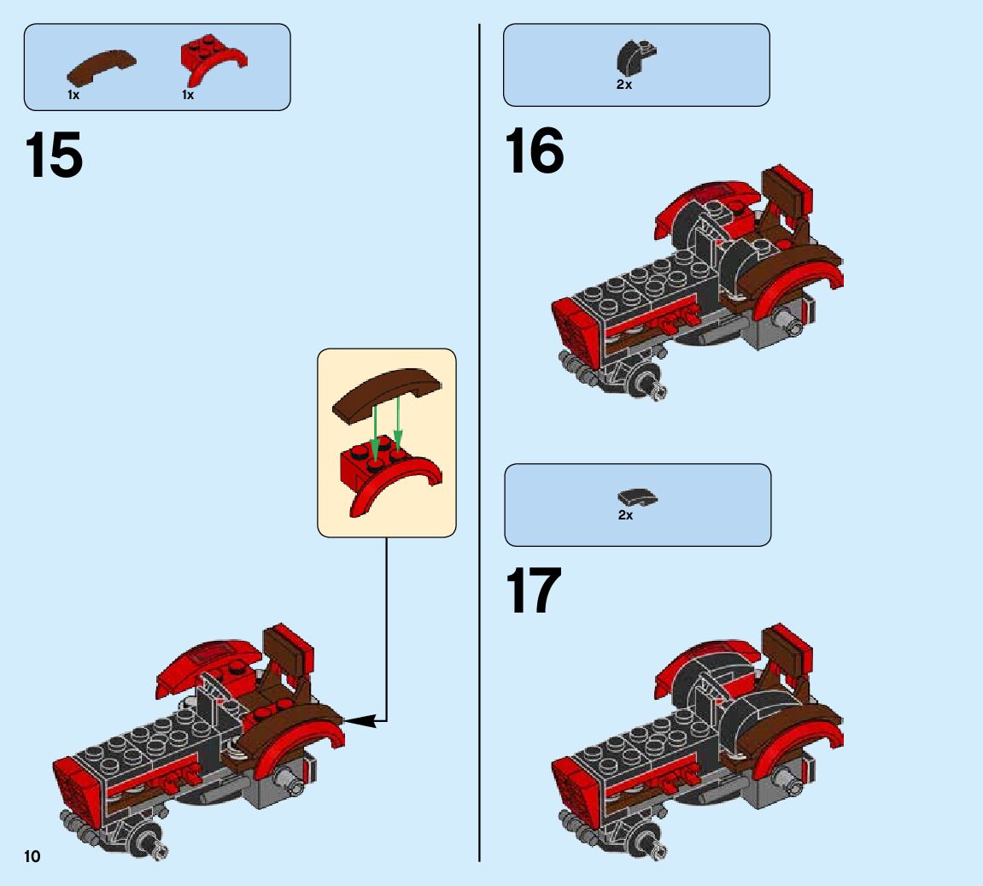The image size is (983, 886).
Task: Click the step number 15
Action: pyautogui.click(x=53, y=155)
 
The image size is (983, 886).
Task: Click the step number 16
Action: pyautogui.click(x=534, y=150)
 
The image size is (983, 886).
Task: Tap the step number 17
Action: pyautogui.click(x=533, y=590)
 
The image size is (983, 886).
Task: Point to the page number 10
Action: pyautogui.click(x=32, y=857)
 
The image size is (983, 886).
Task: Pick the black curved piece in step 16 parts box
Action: pyautogui.click(x=635, y=57)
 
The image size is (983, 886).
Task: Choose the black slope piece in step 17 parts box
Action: pyautogui.click(x=637, y=497)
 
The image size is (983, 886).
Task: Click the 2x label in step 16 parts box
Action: pyautogui.click(x=624, y=85)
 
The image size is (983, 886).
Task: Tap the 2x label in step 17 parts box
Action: pyautogui.click(x=626, y=515)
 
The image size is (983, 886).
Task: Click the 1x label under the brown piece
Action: pyautogui.click(x=74, y=96)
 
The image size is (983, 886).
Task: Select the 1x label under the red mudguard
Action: pyautogui.click(x=188, y=96)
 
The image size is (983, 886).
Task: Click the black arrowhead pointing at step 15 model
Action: pyautogui.click(x=360, y=721)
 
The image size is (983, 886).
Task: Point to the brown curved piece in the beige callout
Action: pyautogui.click(x=387, y=393)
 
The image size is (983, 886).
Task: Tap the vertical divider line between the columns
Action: pyautogui.click(x=480, y=443)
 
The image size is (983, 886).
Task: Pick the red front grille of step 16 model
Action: pyautogui.click(x=574, y=329)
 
